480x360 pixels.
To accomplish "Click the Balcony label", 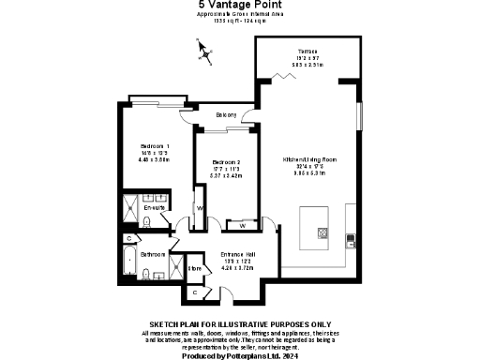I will tap(226, 115).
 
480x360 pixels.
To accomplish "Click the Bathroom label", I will tap(153, 254).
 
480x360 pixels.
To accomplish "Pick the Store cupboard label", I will tap(195, 269).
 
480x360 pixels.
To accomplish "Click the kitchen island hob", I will tap(322, 232).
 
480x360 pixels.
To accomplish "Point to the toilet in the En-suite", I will tap(147, 222).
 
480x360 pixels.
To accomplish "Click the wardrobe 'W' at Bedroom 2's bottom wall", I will tap(242, 226).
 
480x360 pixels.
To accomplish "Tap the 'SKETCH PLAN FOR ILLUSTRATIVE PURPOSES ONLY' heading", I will tap(239, 323).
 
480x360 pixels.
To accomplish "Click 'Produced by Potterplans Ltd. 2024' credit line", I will tap(239, 355).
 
